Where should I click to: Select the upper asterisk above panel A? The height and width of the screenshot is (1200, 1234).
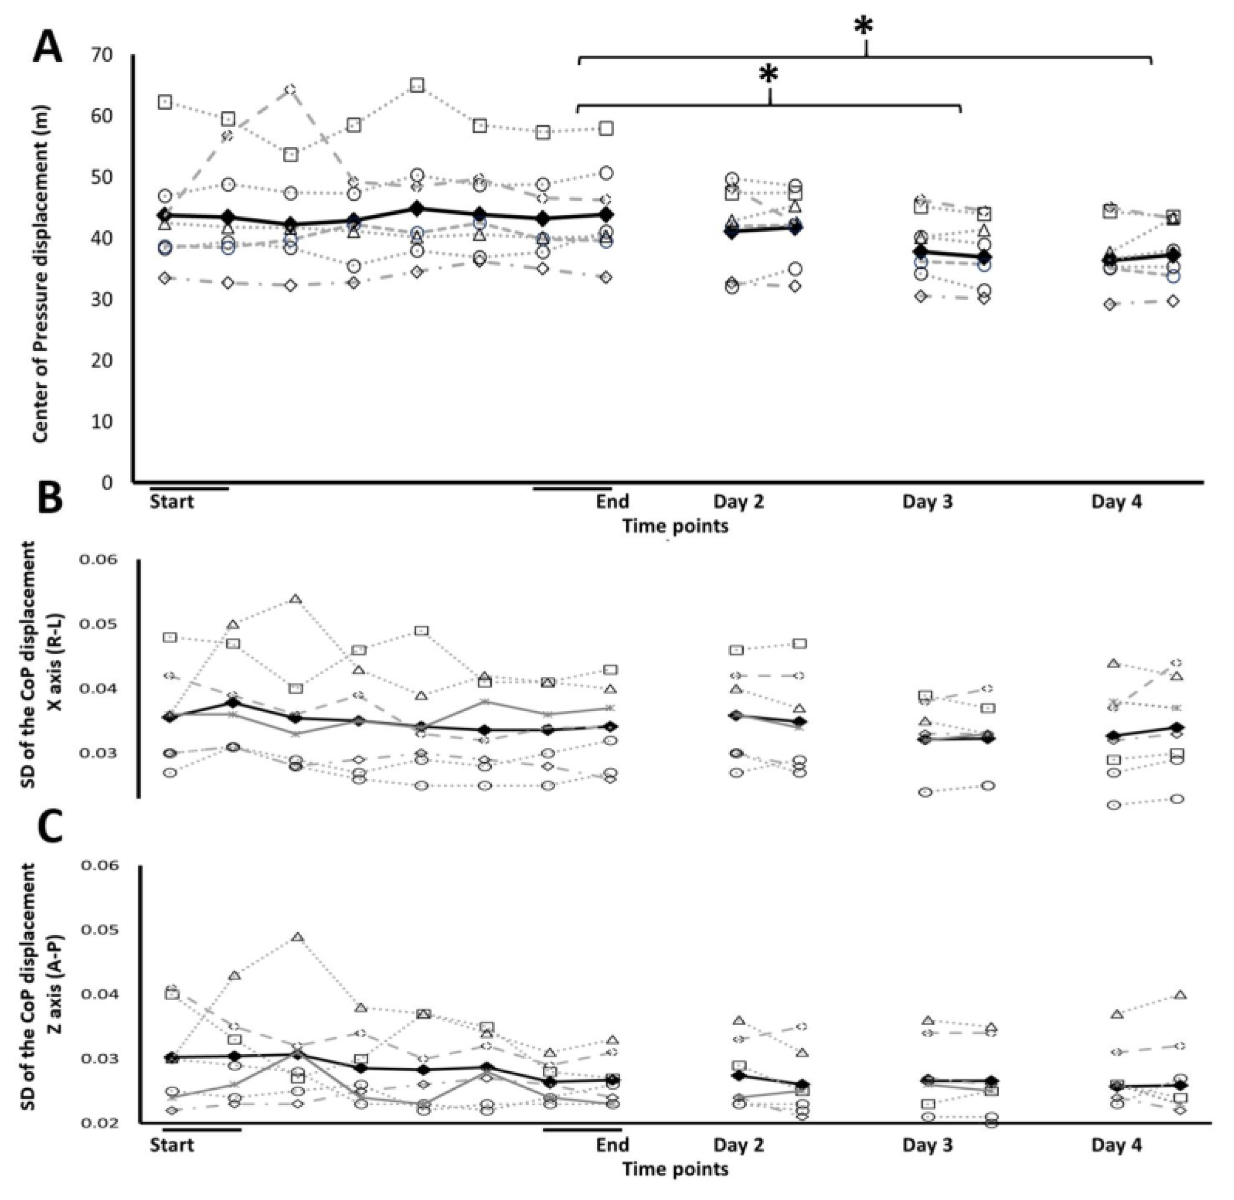pos(864,28)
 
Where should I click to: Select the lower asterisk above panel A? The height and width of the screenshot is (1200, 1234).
pos(768,76)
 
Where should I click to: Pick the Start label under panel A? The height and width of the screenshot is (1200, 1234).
pos(172,502)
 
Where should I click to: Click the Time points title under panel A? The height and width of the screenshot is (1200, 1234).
pos(675,526)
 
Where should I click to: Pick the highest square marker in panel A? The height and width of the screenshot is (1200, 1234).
pos(417,85)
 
